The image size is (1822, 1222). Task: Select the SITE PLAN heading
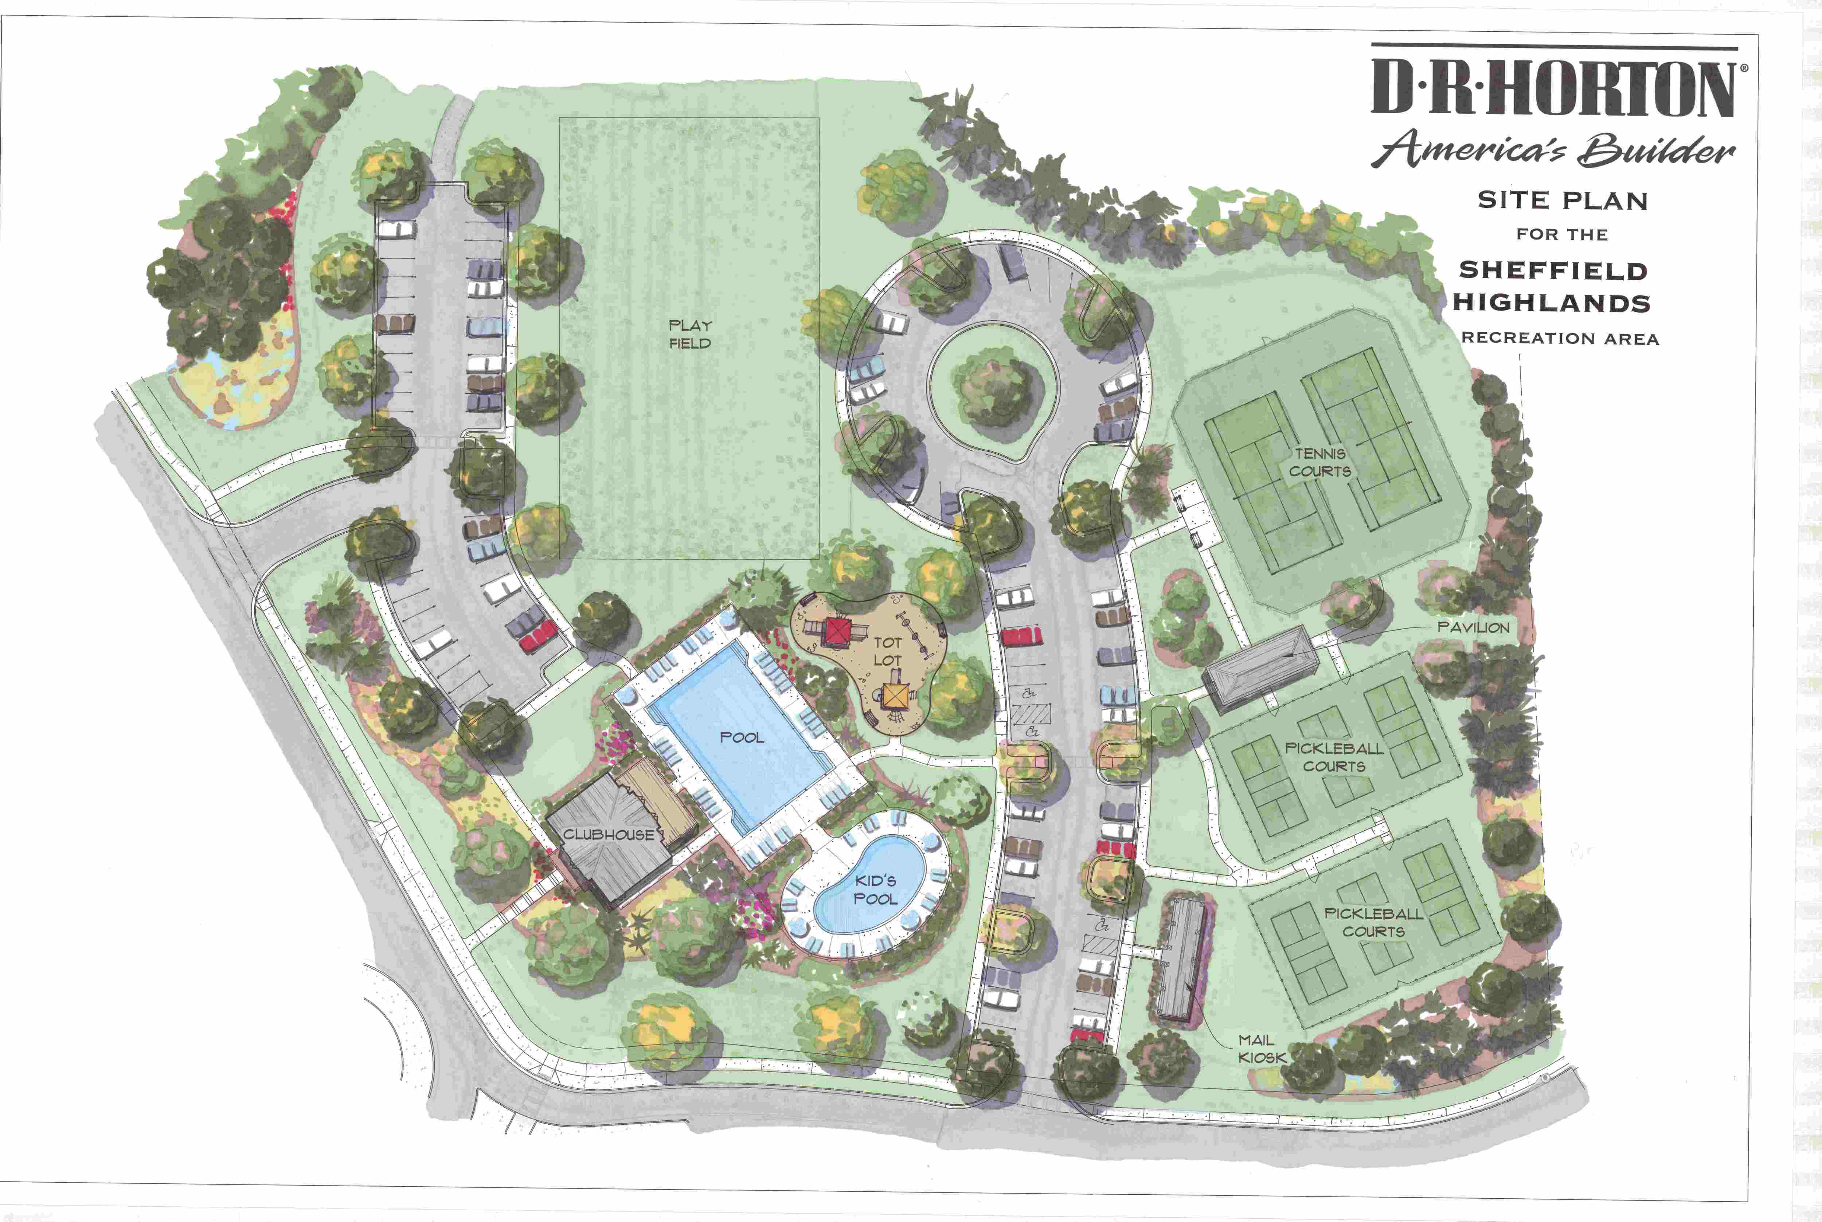tap(1563, 200)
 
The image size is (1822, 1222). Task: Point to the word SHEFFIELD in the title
tap(1553, 270)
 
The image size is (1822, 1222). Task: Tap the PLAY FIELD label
tap(690, 334)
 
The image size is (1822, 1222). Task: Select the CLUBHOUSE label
tap(609, 835)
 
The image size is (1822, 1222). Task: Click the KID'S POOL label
tap(875, 889)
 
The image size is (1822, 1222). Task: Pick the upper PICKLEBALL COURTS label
tap(1334, 757)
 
